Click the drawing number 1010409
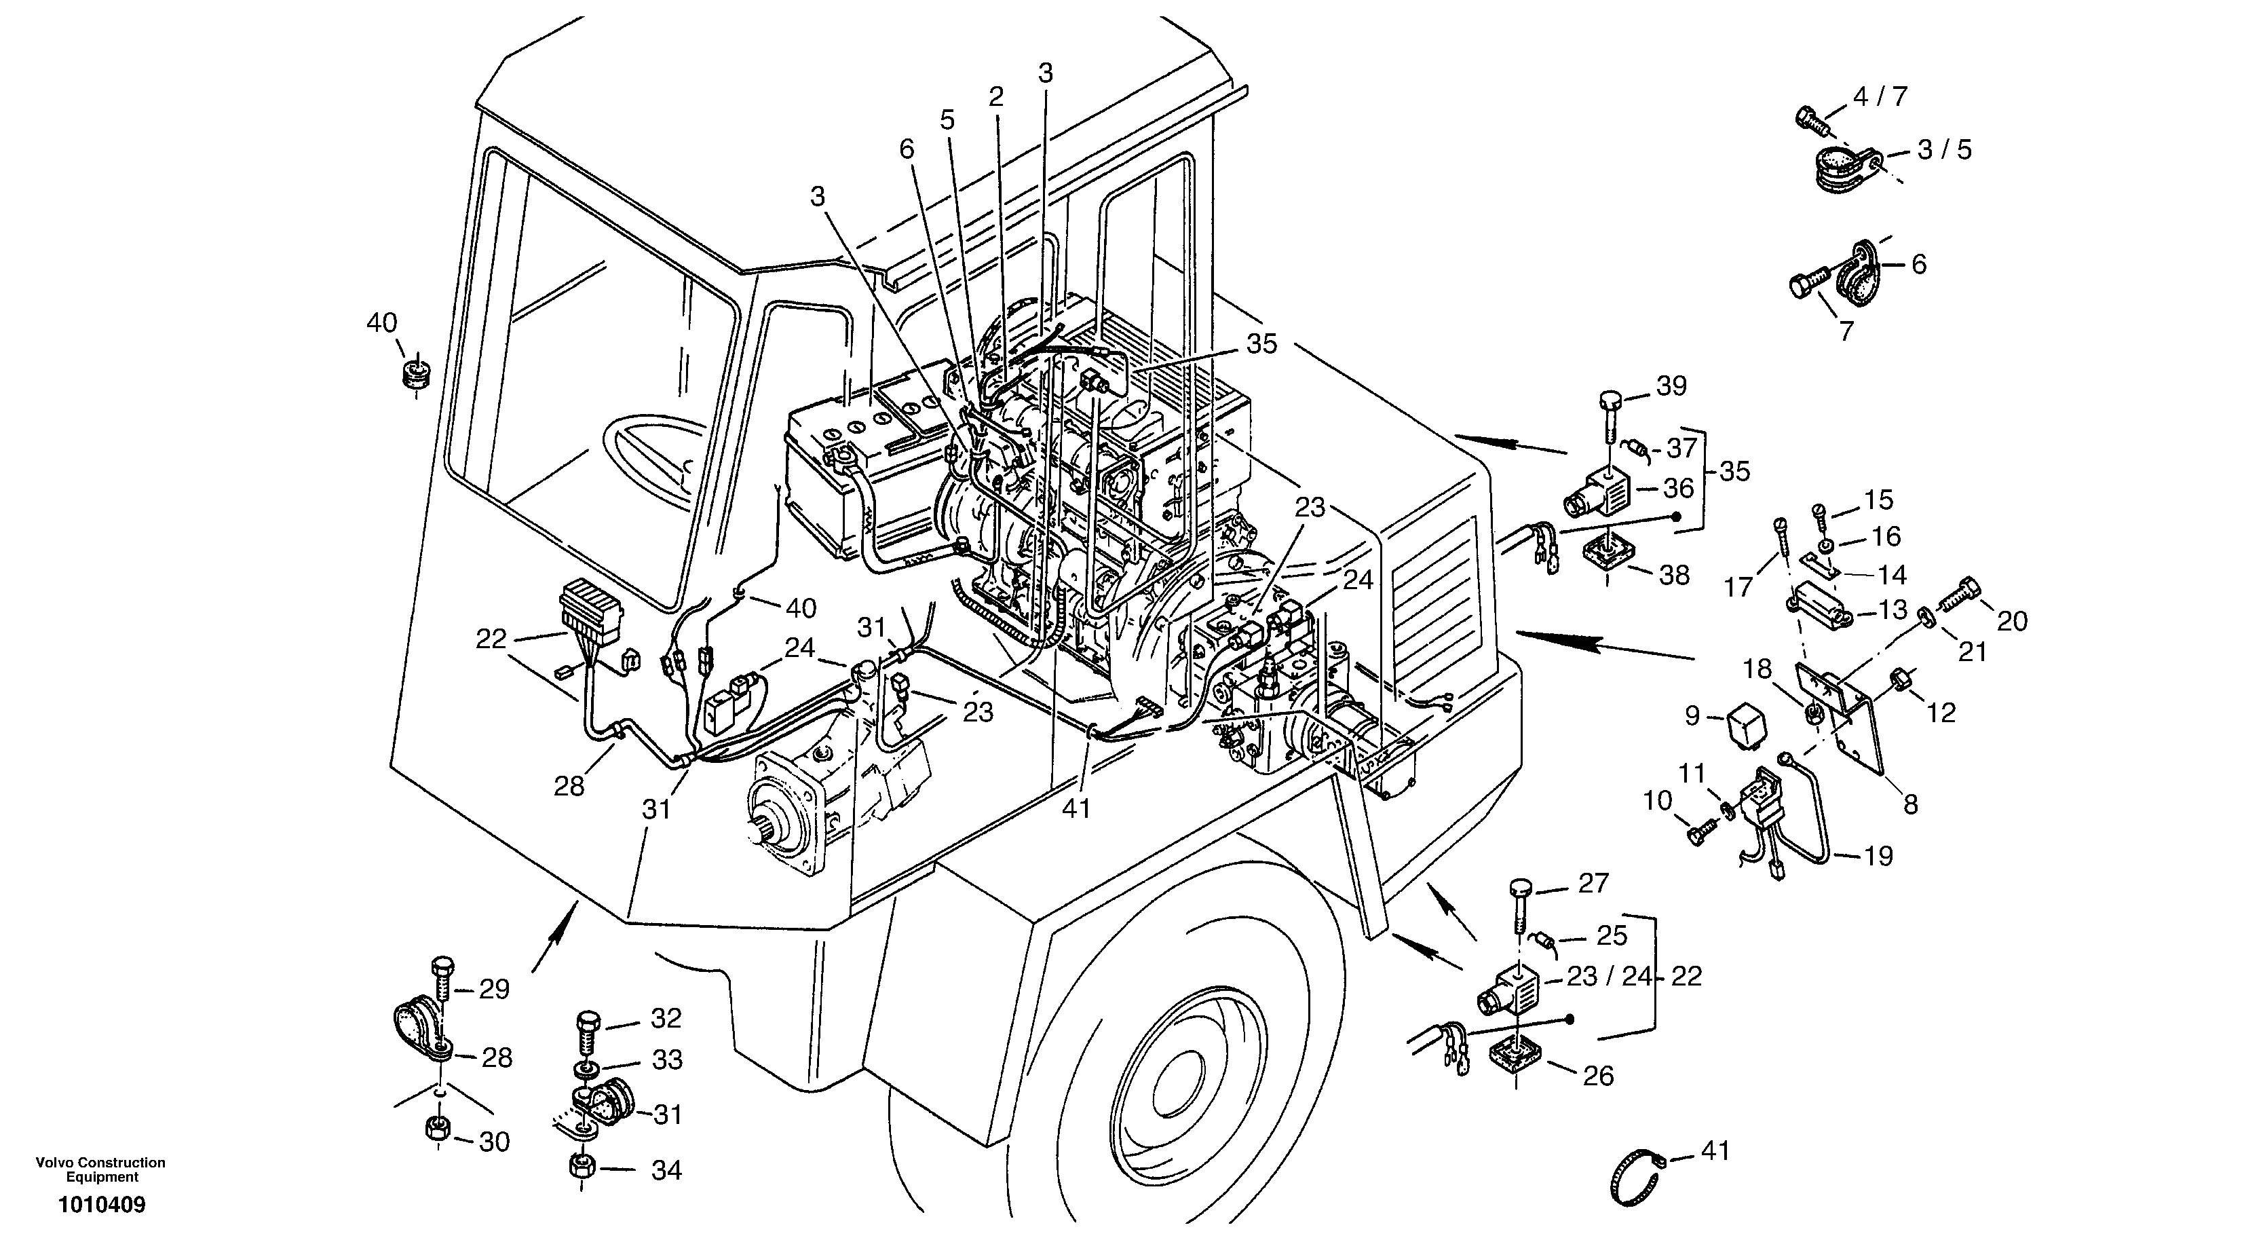coord(102,1205)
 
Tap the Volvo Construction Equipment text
coord(101,1169)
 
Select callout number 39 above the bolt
coord(1672,385)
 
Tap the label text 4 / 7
coord(1880,96)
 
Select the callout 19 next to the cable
coord(1878,855)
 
